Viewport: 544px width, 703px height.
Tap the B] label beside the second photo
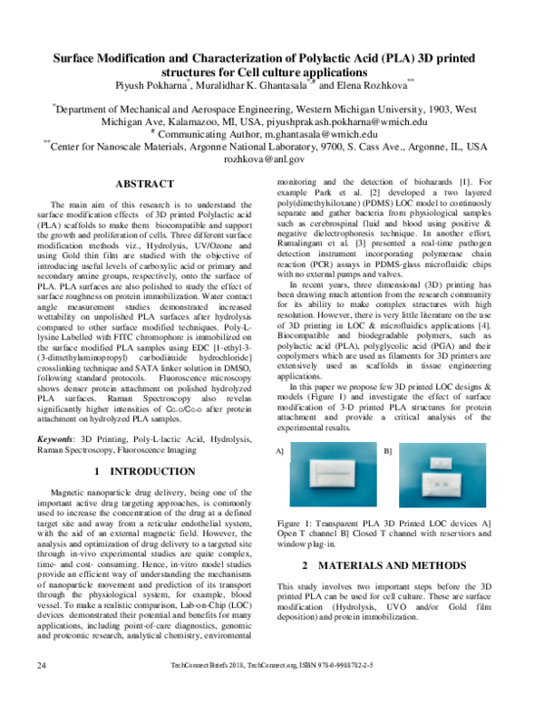pyautogui.click(x=388, y=450)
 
